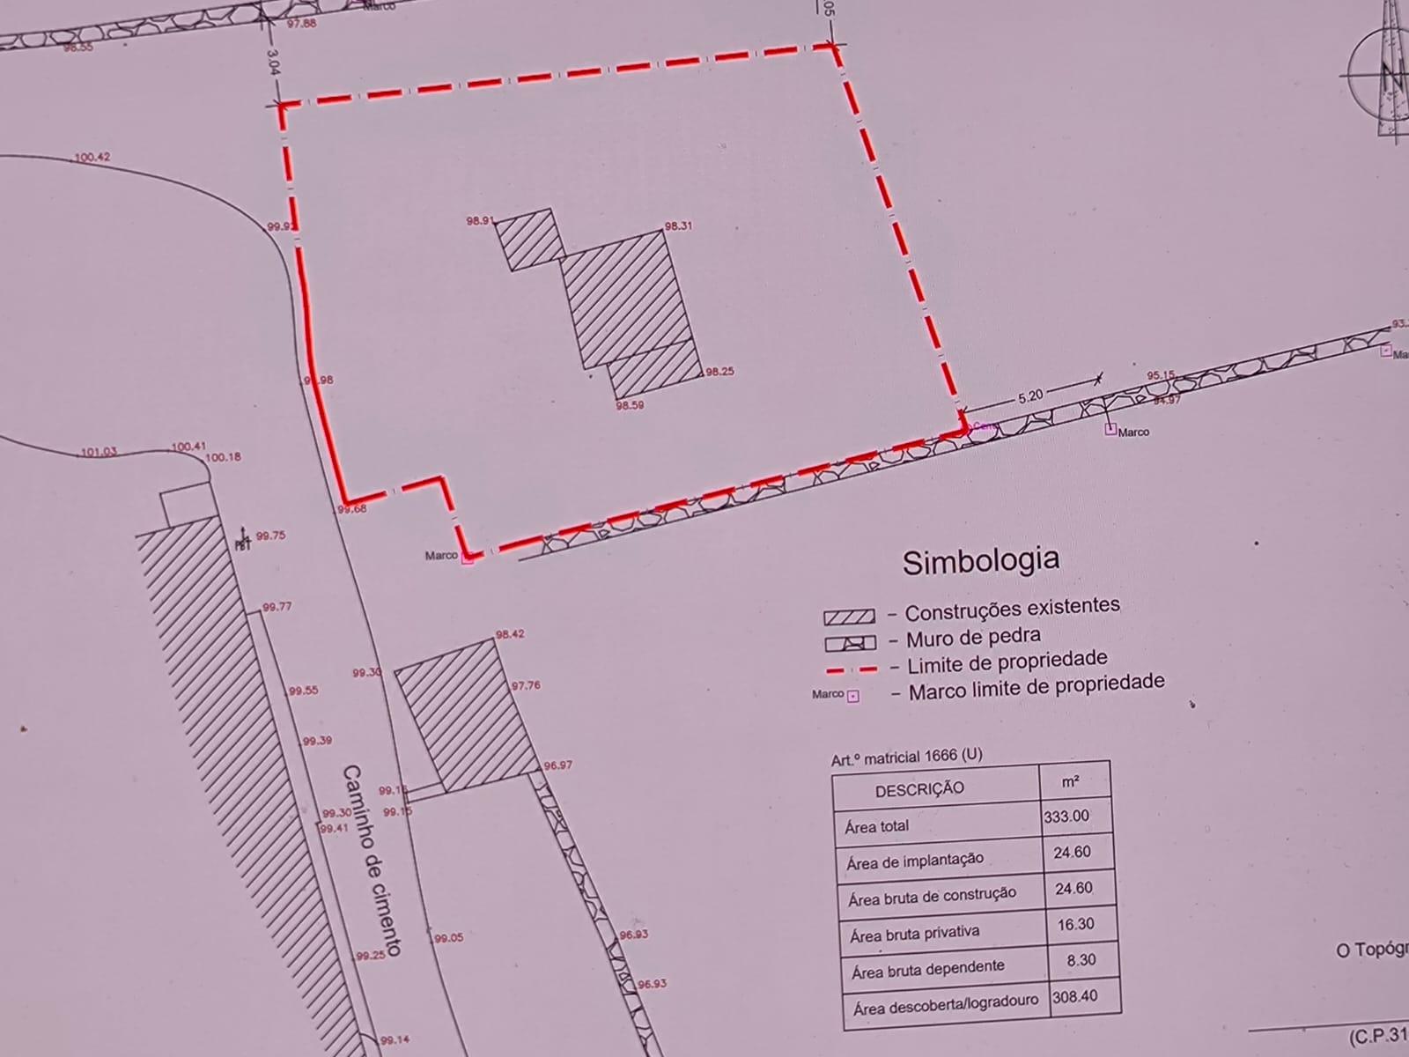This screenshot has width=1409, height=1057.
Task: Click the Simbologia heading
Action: tap(980, 560)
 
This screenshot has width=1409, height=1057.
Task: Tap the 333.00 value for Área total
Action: tap(1066, 816)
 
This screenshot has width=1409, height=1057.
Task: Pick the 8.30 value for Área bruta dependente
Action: tap(1081, 960)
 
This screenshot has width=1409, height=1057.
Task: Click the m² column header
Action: tap(1071, 781)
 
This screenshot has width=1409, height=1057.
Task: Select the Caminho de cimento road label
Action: tap(372, 860)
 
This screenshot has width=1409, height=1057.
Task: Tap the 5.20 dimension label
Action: tap(1029, 396)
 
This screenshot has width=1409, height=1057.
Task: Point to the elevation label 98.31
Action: tap(678, 226)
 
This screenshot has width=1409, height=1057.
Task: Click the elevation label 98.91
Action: tap(479, 221)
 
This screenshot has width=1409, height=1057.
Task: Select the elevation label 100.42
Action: tap(92, 158)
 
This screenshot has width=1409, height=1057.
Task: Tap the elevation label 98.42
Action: tap(510, 634)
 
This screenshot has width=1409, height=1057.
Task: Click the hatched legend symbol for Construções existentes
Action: tap(849, 617)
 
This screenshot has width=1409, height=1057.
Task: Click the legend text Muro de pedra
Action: tap(973, 635)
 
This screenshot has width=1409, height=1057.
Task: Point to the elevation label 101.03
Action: tap(99, 453)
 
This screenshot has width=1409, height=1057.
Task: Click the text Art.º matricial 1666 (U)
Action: tap(906, 757)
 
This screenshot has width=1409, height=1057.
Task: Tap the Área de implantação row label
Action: tap(914, 861)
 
